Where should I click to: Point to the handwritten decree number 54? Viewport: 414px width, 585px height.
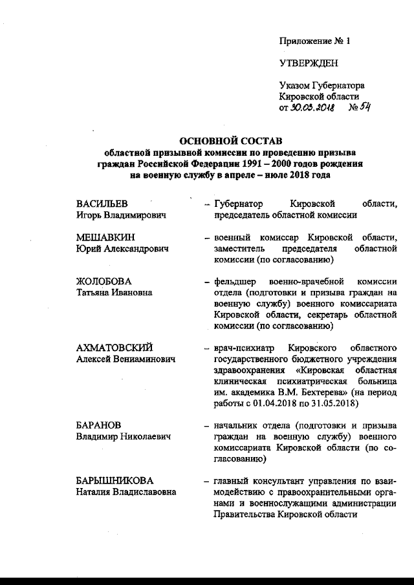pos(362,107)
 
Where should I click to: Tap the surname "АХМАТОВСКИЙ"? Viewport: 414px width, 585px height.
pos(114,348)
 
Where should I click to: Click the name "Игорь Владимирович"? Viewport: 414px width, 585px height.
pos(122,215)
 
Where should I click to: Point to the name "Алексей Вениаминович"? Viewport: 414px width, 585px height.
pos(125,359)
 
